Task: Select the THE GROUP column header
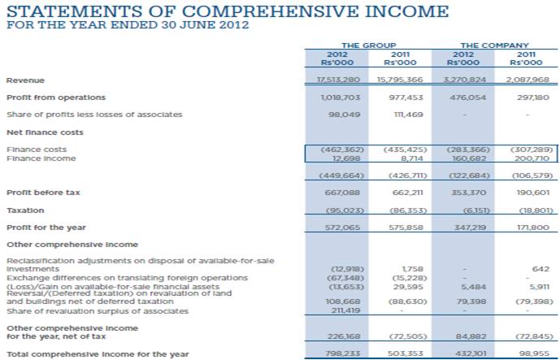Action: (362, 45)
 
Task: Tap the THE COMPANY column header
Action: (494, 45)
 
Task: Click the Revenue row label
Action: (25, 80)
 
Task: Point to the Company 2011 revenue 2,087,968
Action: (527, 80)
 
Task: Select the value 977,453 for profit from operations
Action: (400, 98)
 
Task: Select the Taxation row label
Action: (25, 210)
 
